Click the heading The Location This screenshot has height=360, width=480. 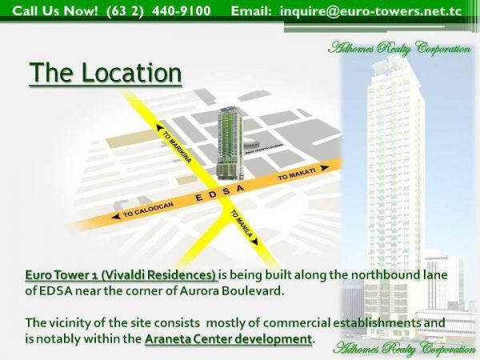tap(106, 74)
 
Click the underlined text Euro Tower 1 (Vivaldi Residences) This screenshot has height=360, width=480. tap(121, 274)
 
